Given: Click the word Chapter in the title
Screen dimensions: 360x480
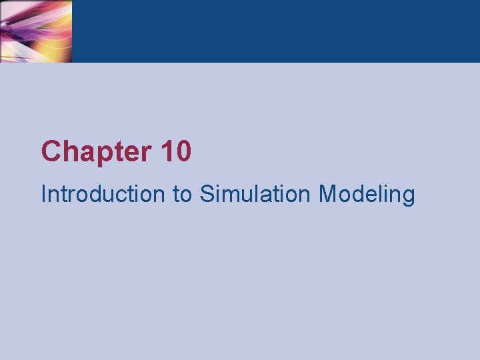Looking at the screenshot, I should (x=97, y=152).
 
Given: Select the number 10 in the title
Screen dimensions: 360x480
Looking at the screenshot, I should (x=176, y=152).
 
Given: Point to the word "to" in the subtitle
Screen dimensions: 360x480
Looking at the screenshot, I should (x=181, y=194).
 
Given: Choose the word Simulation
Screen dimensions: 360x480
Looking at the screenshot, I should (x=255, y=194).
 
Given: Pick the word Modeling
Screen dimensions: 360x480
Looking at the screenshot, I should (x=367, y=195).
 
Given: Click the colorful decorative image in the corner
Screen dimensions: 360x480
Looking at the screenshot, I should (x=36, y=31).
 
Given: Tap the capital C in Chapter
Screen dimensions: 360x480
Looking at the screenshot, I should (x=51, y=152).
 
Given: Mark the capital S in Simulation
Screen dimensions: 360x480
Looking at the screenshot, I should (x=207, y=194).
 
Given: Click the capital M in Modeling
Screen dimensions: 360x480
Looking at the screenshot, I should (x=328, y=194).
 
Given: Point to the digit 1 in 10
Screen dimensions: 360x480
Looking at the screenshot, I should (x=167, y=152).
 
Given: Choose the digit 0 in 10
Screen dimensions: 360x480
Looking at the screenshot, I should (x=183, y=152).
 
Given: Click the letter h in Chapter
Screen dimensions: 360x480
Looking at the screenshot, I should (x=69, y=152).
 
